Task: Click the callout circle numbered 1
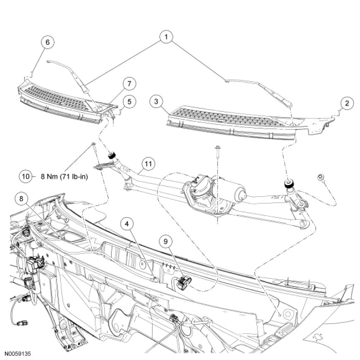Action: (x=166, y=38)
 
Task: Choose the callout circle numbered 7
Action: (x=129, y=84)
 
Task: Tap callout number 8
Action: (x=21, y=199)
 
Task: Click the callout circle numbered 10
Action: (x=26, y=176)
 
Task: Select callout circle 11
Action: (x=148, y=163)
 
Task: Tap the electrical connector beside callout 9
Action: (x=182, y=282)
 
